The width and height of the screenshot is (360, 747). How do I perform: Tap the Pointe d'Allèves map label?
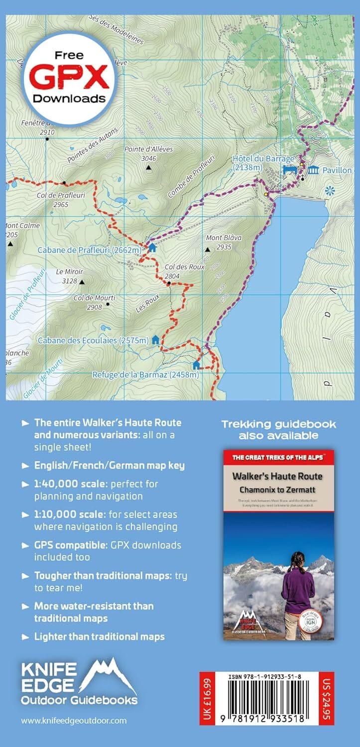(x=148, y=149)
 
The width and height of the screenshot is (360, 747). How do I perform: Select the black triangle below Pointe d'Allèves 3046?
(x=148, y=168)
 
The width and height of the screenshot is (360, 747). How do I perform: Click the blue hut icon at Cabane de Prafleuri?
(x=152, y=248)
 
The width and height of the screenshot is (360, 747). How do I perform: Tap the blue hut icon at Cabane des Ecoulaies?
(x=155, y=340)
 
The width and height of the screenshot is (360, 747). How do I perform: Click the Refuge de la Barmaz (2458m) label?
(x=145, y=374)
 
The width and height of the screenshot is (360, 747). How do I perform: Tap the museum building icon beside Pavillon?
(x=313, y=170)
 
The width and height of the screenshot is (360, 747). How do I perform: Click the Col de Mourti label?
(x=92, y=298)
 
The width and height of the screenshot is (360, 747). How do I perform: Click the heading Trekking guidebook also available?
(x=278, y=430)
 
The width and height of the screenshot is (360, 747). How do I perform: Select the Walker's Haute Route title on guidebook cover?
(x=277, y=476)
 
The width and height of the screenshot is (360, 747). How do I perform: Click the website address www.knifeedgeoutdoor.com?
(x=74, y=720)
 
